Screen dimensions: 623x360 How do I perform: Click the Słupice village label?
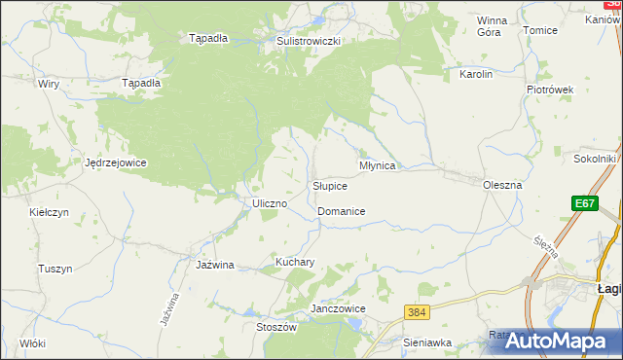click(x=329, y=186)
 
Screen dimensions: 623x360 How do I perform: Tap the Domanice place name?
click(x=341, y=211)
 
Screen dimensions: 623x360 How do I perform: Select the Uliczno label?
click(x=269, y=203)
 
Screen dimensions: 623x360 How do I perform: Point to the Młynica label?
click(x=377, y=166)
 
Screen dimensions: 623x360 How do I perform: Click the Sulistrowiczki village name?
click(x=308, y=42)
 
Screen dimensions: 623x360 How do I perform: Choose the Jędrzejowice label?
click(x=116, y=162)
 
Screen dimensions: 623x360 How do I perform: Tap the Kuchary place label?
click(x=294, y=263)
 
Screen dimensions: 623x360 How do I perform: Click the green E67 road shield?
click(x=584, y=203)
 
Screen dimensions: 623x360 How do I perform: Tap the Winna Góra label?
click(x=493, y=26)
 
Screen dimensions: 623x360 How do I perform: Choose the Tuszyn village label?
click(x=55, y=269)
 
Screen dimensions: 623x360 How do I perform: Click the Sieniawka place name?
click(x=428, y=342)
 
